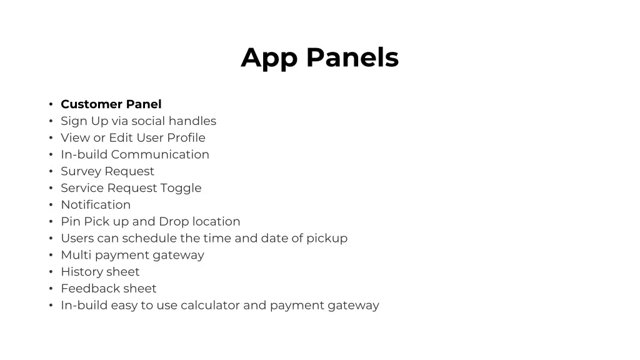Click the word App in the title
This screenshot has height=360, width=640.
click(269, 58)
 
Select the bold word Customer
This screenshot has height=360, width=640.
click(91, 104)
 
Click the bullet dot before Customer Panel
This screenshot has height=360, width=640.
click(51, 104)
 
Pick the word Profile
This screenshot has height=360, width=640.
click(186, 137)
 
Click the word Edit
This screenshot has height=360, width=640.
click(121, 137)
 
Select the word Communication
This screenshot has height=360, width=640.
click(160, 154)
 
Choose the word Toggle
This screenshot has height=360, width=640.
click(181, 188)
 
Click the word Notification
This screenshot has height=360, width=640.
click(96, 204)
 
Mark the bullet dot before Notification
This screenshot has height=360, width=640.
click(51, 205)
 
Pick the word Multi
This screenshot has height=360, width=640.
click(76, 255)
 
